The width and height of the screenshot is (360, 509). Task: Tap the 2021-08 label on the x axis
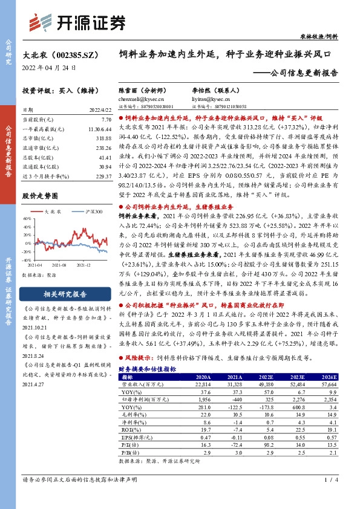click(58, 265)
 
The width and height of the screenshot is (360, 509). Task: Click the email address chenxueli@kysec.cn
click(141, 99)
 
